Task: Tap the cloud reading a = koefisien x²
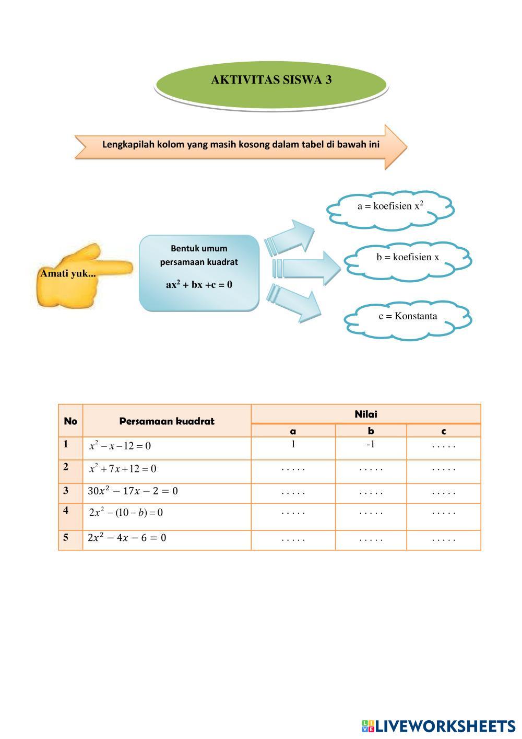click(390, 208)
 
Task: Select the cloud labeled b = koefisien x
click(408, 258)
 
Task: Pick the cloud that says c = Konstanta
click(408, 317)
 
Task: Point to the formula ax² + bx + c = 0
click(199, 285)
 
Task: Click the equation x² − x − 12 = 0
click(120, 446)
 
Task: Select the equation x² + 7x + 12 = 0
click(123, 469)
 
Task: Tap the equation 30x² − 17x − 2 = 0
click(133, 491)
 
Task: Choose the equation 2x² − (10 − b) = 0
click(126, 513)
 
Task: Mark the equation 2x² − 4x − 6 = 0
click(127, 538)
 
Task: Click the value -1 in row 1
click(371, 445)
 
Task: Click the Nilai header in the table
click(365, 414)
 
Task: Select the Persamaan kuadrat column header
click(167, 421)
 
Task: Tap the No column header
click(70, 421)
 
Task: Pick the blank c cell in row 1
click(444, 447)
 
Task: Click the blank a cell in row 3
click(293, 492)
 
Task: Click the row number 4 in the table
click(66, 510)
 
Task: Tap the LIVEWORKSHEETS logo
click(438, 726)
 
